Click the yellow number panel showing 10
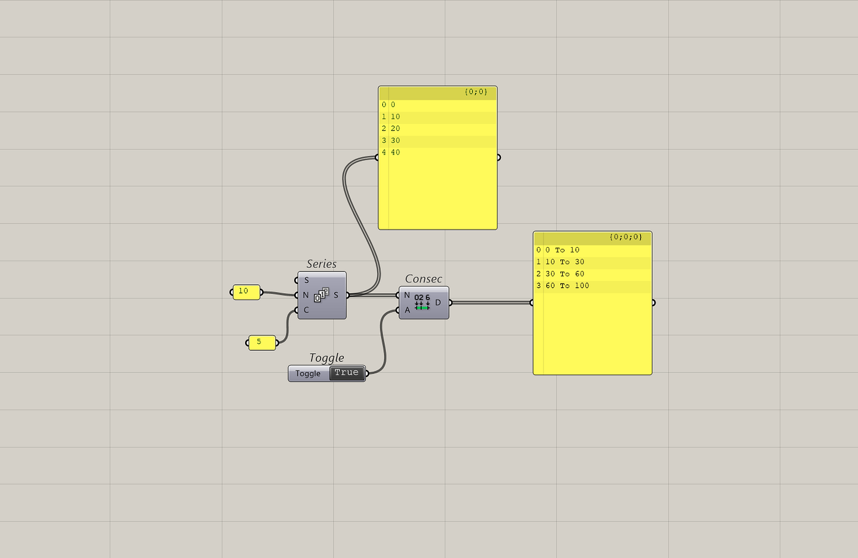click(x=246, y=292)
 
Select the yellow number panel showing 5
click(x=262, y=343)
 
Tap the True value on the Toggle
click(x=346, y=373)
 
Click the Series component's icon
click(x=321, y=295)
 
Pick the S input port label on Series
click(x=306, y=280)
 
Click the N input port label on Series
click(x=306, y=295)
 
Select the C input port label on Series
click(x=306, y=310)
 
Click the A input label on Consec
click(x=407, y=310)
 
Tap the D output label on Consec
click(x=438, y=303)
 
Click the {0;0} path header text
click(x=476, y=92)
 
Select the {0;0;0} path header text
click(x=626, y=237)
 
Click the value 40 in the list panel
click(x=395, y=153)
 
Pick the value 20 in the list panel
click(x=395, y=129)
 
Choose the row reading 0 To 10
click(x=562, y=250)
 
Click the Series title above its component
click(x=322, y=264)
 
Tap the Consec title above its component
click(x=423, y=279)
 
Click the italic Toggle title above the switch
click(x=326, y=358)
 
